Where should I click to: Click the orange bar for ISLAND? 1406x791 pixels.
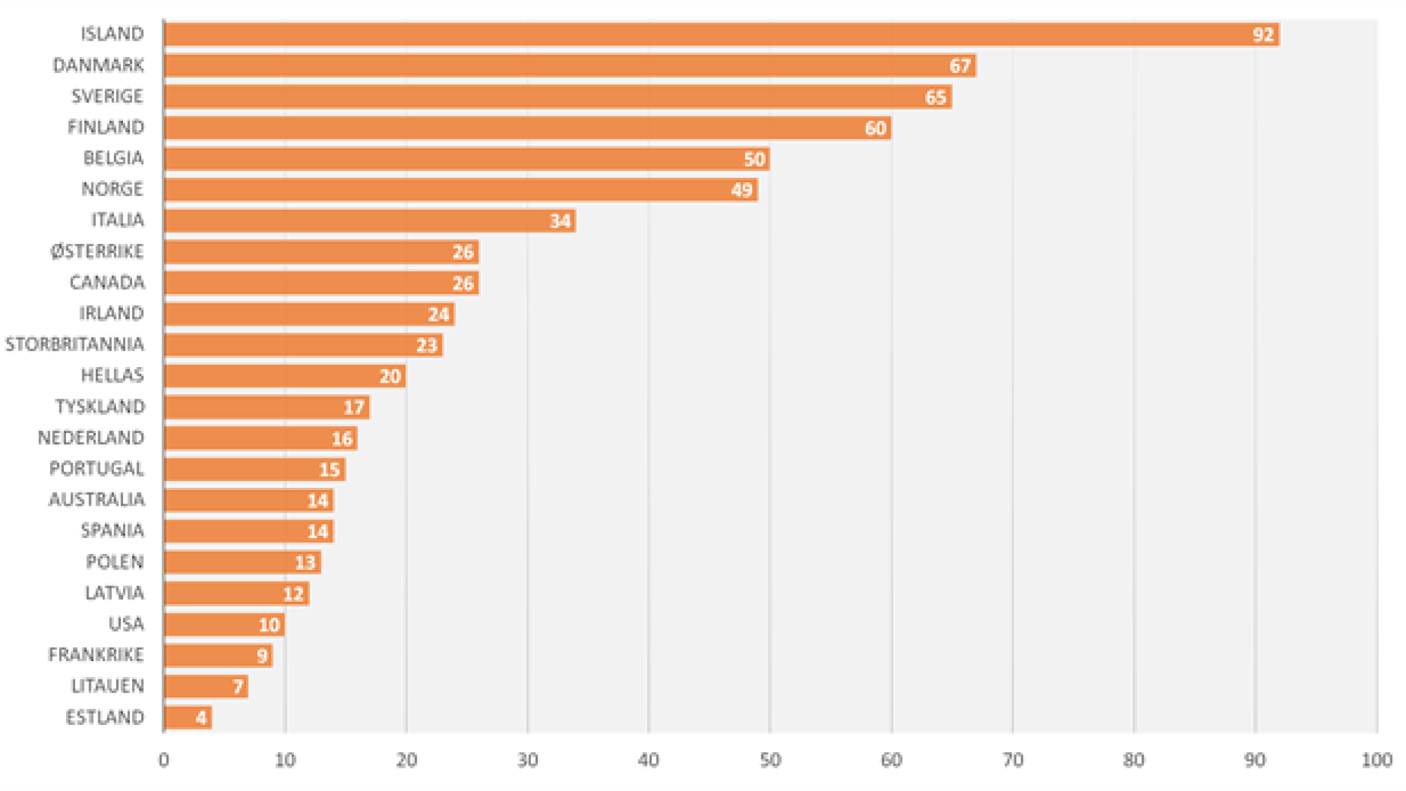pyautogui.click(x=703, y=34)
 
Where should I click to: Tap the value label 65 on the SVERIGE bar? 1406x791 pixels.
pyautogui.click(x=935, y=97)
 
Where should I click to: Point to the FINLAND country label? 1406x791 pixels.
pyautogui.click(x=105, y=127)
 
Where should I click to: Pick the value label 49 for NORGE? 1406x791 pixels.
pyautogui.click(x=742, y=190)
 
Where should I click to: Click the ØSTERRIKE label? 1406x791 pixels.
pyautogui.click(x=97, y=252)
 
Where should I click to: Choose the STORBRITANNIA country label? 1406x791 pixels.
pyautogui.click(x=75, y=345)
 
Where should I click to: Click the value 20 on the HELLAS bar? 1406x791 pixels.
pyautogui.click(x=390, y=376)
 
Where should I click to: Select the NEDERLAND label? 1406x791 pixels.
pyautogui.click(x=91, y=438)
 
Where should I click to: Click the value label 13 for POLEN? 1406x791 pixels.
pyautogui.click(x=305, y=562)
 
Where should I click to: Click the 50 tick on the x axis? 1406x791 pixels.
pyautogui.click(x=770, y=760)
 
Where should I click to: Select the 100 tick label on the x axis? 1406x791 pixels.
pyautogui.click(x=1376, y=760)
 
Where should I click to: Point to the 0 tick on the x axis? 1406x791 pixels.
pyautogui.click(x=164, y=760)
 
